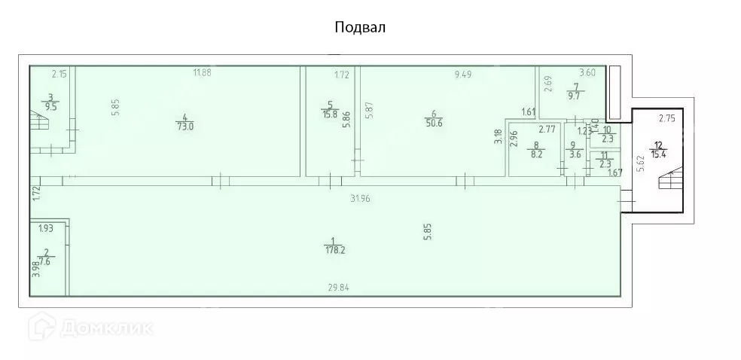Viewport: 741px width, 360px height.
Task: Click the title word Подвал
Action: coord(360,28)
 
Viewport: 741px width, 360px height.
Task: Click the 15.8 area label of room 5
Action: coord(329,114)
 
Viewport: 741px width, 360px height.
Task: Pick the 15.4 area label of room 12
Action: coord(660,154)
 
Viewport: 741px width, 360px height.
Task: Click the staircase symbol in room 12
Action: coord(669,181)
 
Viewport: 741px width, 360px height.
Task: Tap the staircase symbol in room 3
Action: coord(37,121)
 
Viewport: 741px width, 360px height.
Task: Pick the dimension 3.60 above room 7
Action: coord(587,72)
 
